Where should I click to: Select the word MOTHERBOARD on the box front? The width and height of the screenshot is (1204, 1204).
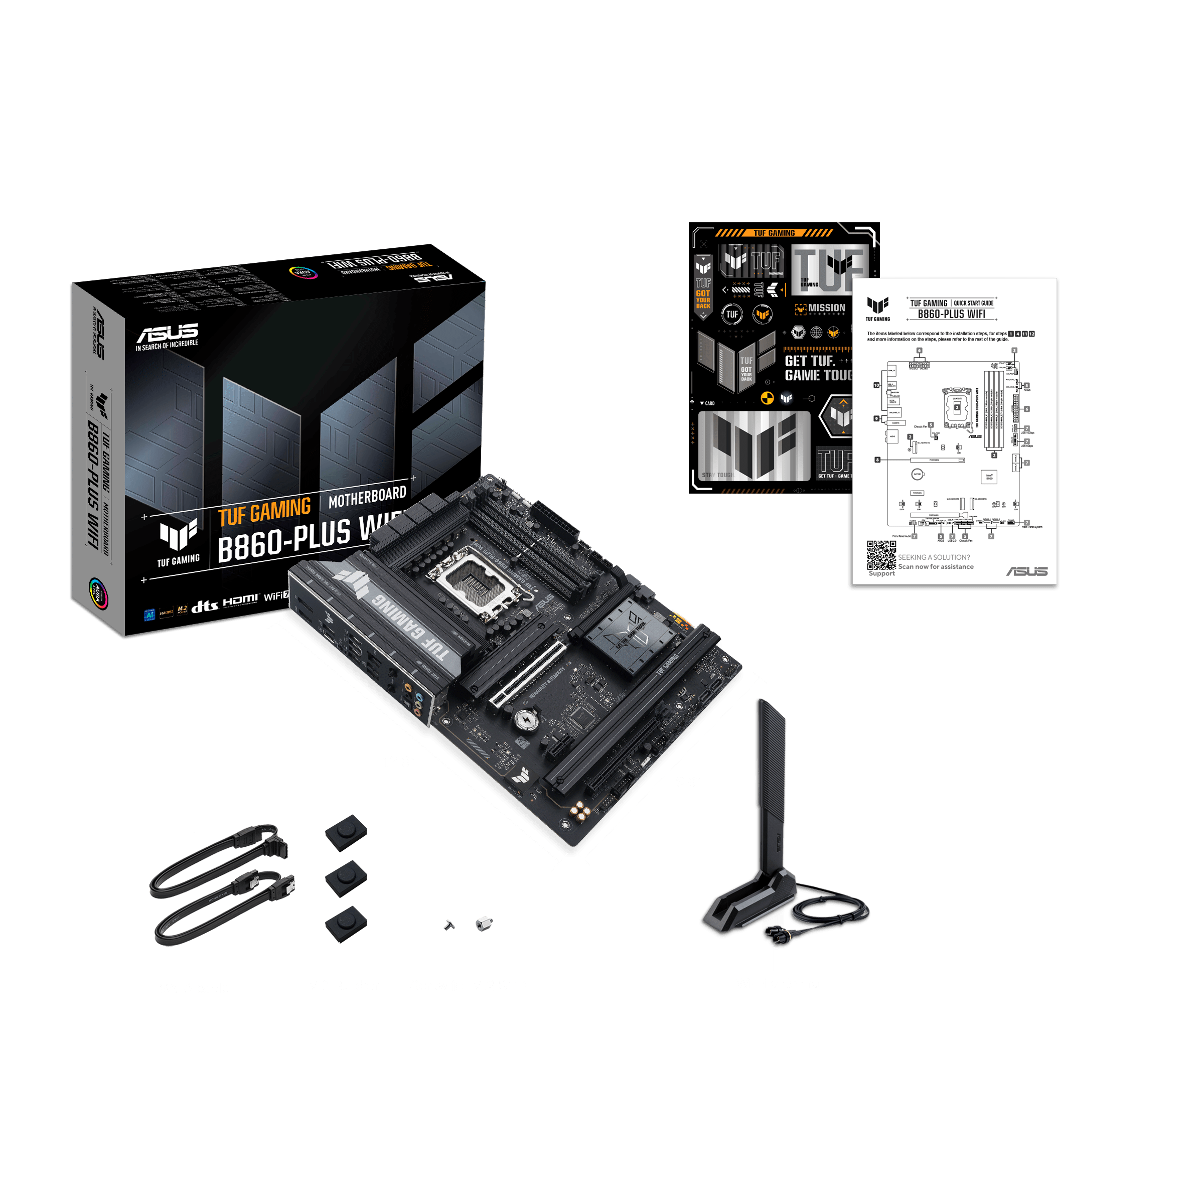tap(367, 497)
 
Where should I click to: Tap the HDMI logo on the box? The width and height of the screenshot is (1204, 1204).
tap(240, 600)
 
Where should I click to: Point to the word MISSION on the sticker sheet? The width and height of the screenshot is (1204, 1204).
tap(826, 308)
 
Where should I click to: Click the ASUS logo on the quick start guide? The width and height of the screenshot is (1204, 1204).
tap(1026, 571)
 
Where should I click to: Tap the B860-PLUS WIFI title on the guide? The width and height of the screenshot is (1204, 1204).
tap(951, 314)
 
